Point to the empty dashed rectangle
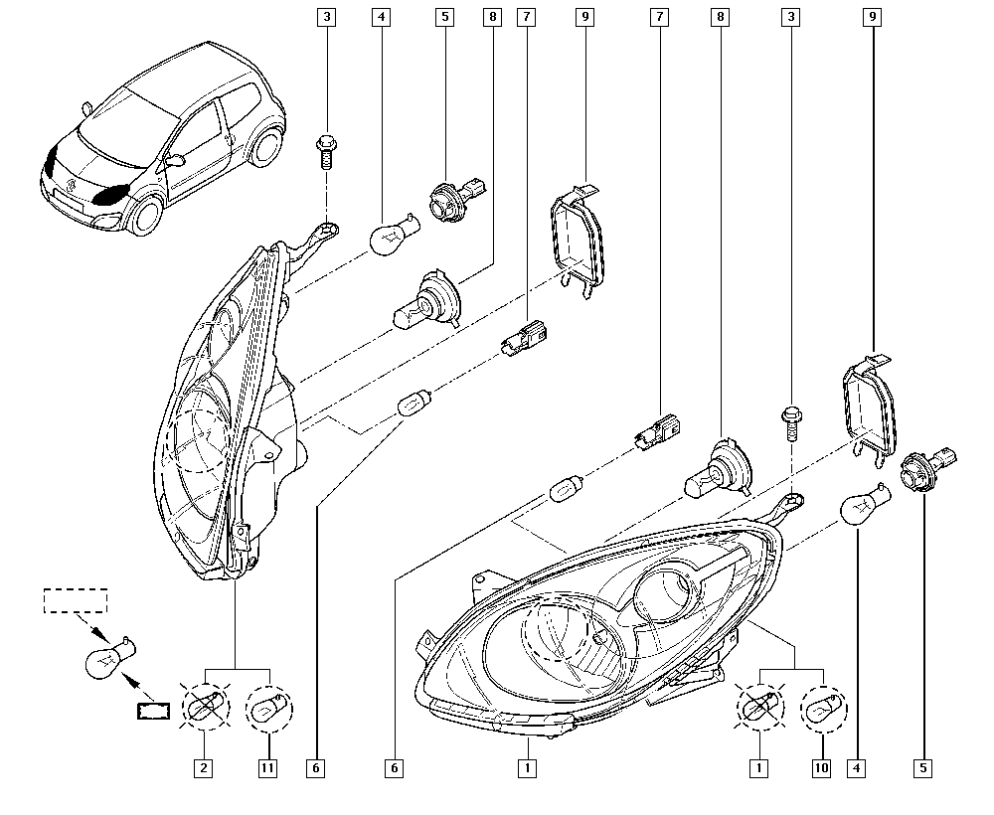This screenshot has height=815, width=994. click(x=75, y=600)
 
